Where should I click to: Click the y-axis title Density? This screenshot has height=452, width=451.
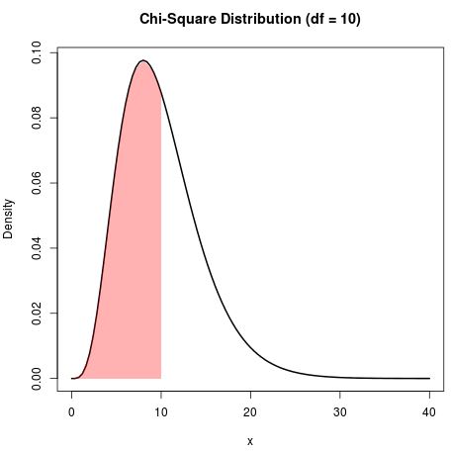tap(9, 219)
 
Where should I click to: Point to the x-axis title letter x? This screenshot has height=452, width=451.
tap(250, 441)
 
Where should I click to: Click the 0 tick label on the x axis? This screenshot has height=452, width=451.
tap(71, 409)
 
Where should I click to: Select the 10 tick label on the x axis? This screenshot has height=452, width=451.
tap(160, 409)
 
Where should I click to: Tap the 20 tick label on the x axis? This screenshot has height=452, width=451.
tap(250, 409)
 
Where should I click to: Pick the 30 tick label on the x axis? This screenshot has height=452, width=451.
tap(339, 409)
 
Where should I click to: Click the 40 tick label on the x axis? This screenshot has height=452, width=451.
tap(429, 409)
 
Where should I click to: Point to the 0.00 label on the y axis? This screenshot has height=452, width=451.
tap(37, 378)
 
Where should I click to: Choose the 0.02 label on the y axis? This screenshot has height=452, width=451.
tap(37, 313)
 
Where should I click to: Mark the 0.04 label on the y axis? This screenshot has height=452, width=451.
tap(37, 248)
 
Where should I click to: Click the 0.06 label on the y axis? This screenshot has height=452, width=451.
tap(37, 183)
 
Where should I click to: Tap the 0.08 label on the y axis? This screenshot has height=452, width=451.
tap(37, 118)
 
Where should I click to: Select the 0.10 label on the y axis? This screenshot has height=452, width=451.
tap(37, 53)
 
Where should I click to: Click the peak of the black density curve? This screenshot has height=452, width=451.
tap(143, 60)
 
